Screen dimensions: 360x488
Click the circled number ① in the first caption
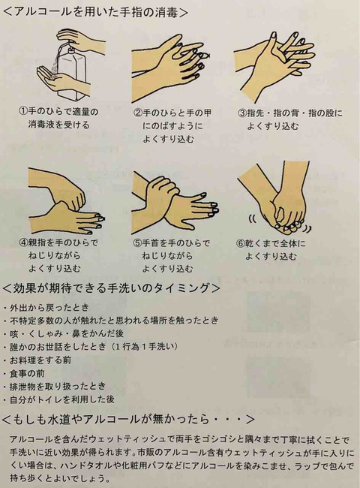click(x=23, y=111)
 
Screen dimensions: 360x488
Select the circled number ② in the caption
click(x=138, y=113)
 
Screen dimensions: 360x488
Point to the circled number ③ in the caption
click(x=242, y=113)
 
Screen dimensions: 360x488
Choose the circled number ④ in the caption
click(x=24, y=242)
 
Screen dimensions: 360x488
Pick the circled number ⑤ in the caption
click(x=137, y=242)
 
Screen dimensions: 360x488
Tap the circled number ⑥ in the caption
click(x=241, y=243)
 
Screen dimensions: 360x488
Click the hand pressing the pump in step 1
click(x=82, y=40)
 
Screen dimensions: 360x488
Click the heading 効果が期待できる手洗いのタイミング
click(x=111, y=288)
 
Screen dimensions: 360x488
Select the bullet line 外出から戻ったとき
click(x=49, y=308)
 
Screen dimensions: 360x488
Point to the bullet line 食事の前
click(x=27, y=373)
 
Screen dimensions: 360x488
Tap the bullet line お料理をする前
click(x=40, y=360)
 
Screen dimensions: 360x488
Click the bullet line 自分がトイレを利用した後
click(x=62, y=399)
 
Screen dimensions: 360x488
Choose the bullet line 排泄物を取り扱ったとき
click(x=58, y=386)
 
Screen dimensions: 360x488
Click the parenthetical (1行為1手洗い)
click(x=144, y=346)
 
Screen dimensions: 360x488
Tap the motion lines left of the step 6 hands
click(x=253, y=220)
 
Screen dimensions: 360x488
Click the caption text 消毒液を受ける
click(x=58, y=125)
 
